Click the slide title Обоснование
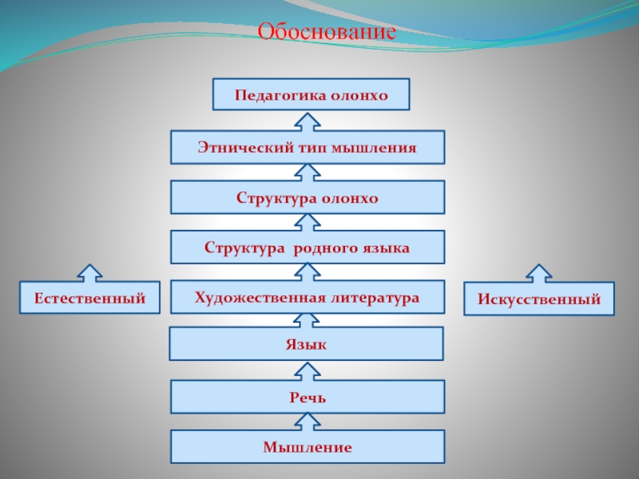[x=327, y=33]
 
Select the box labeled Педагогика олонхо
[x=311, y=95]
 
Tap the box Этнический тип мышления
[x=308, y=148]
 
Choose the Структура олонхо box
[x=308, y=197]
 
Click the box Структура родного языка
[x=308, y=247]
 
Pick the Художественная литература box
[x=308, y=297]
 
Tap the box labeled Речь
[x=308, y=397]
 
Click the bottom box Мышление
[x=308, y=447]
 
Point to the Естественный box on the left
[x=89, y=298]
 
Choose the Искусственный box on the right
[x=539, y=299]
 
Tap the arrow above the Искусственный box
[x=538, y=273]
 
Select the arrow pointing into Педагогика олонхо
[x=308, y=121]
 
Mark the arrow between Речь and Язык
[x=308, y=370]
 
